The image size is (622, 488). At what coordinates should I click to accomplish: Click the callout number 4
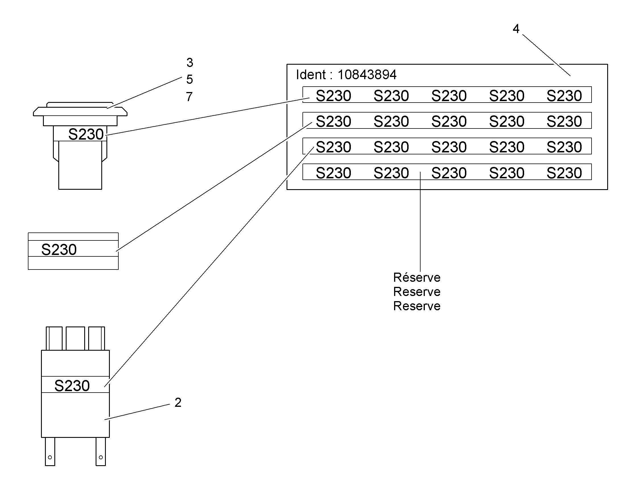(516, 28)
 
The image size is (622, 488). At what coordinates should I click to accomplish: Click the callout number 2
(178, 403)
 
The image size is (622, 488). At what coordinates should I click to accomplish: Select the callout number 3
(190, 62)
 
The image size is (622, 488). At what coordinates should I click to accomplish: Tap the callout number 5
(190, 79)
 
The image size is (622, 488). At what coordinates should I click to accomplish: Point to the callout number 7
(189, 97)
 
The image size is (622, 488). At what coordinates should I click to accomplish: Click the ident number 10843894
(367, 75)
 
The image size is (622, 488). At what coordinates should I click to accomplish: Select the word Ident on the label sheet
(311, 75)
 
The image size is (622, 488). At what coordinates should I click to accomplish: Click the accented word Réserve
(417, 277)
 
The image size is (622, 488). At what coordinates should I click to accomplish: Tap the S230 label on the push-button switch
(86, 134)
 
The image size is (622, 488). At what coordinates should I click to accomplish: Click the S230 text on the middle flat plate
(59, 250)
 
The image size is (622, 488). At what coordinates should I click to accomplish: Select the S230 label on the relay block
(72, 385)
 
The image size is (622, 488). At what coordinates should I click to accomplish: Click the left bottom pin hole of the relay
(50, 457)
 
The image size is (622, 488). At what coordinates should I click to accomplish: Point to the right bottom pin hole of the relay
(101, 457)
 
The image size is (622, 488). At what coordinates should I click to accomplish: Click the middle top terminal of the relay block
(75, 338)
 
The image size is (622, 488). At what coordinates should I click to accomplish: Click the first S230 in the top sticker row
(333, 96)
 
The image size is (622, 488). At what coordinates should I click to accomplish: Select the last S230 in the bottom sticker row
(564, 173)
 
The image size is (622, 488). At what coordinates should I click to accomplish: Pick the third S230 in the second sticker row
(449, 121)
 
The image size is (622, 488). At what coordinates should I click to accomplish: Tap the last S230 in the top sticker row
(564, 96)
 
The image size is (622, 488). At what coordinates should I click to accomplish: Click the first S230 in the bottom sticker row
(333, 173)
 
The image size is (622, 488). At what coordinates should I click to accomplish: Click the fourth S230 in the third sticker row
(507, 147)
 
